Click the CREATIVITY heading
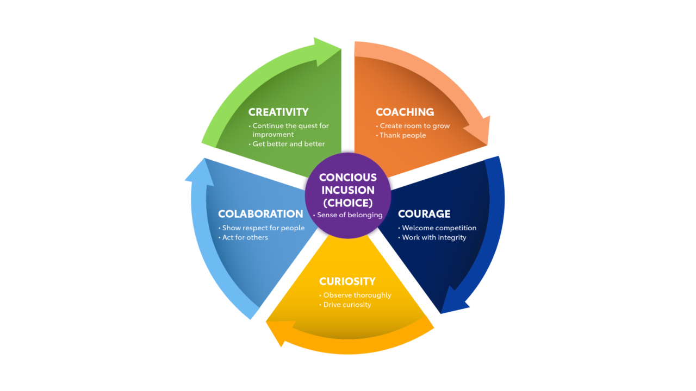click(278, 112)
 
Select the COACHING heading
click(405, 112)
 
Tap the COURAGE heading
click(424, 214)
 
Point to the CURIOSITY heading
click(347, 281)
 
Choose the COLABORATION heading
click(260, 214)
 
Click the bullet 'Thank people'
click(402, 135)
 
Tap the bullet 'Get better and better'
click(288, 144)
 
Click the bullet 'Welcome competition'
click(439, 228)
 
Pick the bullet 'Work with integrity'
click(434, 237)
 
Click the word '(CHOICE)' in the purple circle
click(347, 203)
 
